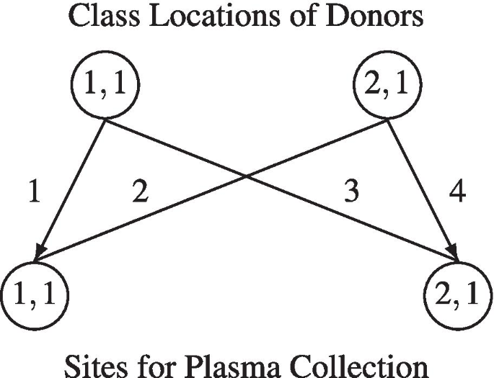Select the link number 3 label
351,194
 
